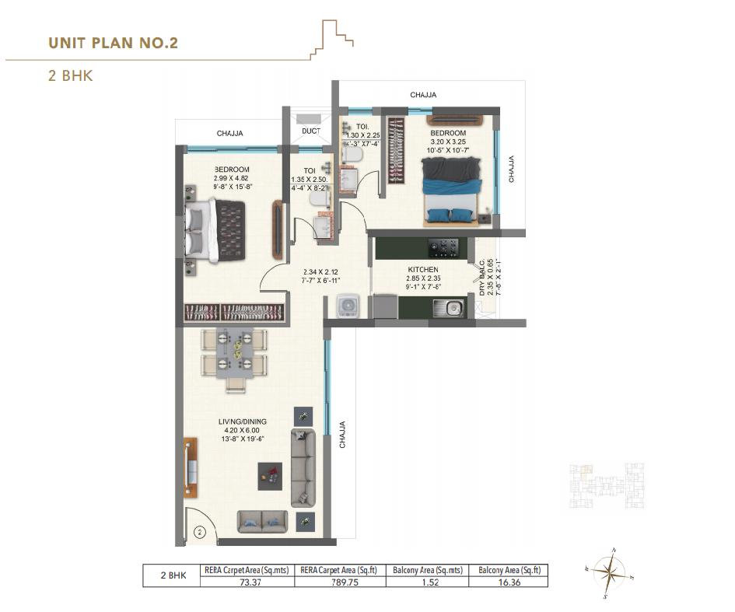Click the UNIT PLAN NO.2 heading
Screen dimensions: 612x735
point(114,42)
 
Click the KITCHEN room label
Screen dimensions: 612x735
point(422,270)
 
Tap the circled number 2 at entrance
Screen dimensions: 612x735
point(199,533)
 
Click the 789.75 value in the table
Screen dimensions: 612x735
point(339,580)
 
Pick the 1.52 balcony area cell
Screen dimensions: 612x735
point(426,580)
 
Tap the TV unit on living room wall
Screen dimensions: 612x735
point(189,470)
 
